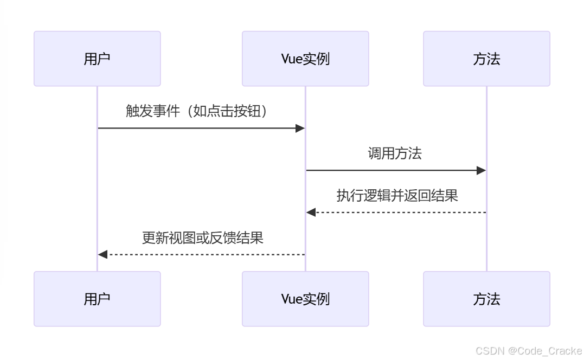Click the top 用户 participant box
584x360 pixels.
(x=97, y=59)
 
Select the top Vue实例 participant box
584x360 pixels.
(x=305, y=59)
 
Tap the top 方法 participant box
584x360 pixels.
(x=486, y=59)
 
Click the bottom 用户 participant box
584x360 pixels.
(x=97, y=299)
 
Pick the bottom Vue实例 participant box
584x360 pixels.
(x=305, y=299)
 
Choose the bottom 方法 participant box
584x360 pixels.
(x=486, y=299)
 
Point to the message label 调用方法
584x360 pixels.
(x=395, y=153)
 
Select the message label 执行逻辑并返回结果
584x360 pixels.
(x=397, y=195)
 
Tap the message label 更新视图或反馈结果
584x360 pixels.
(x=202, y=237)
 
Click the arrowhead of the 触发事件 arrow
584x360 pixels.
(x=300, y=128)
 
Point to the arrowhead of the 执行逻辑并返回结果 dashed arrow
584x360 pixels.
(x=311, y=213)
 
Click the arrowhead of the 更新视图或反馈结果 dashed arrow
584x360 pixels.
(x=102, y=254)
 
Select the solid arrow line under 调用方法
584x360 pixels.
(x=390, y=170)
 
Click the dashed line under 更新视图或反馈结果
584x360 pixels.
(x=206, y=254)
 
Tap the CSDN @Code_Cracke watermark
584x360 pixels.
(x=528, y=351)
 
